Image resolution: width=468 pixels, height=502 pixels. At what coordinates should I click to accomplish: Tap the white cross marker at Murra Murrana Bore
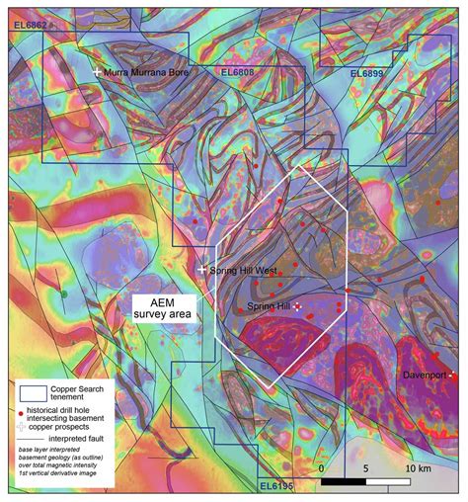97,73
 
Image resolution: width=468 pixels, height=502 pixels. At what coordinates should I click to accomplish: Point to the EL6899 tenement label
371,73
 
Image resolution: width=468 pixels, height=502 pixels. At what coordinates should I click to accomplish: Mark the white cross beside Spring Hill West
202,269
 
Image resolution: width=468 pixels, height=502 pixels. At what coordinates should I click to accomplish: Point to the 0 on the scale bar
322,467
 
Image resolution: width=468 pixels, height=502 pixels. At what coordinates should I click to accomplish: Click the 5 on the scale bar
366,467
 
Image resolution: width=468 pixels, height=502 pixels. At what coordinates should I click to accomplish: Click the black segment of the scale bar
344,482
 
